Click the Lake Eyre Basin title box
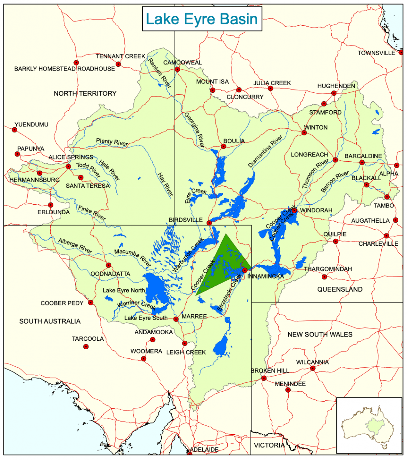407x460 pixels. click(202, 19)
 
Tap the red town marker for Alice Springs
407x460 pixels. click(68, 166)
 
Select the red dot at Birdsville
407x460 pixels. click(209, 223)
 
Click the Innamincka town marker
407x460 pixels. click(245, 270)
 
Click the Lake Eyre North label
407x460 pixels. click(124, 290)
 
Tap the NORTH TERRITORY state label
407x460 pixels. click(85, 94)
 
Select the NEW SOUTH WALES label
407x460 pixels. click(320, 335)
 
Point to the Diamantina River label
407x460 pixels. click(265, 151)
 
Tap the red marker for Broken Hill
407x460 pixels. click(264, 378)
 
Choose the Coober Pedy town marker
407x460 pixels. click(91, 302)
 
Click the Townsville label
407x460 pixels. click(376, 53)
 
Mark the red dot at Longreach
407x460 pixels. click(335, 160)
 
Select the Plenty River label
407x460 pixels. click(112, 142)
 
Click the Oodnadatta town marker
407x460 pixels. click(109, 265)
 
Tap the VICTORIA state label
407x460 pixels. click(269, 445)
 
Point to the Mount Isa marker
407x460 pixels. click(212, 90)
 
